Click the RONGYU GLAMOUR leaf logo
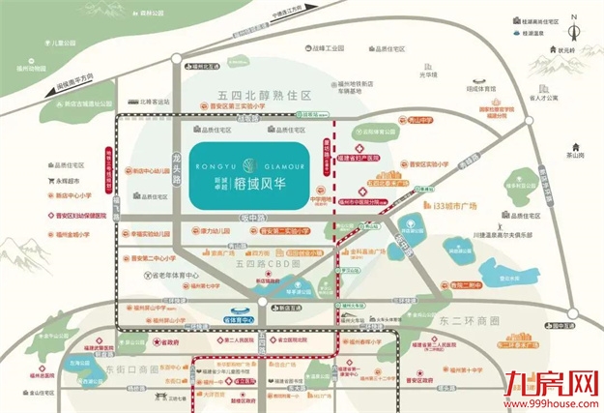(250, 163)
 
